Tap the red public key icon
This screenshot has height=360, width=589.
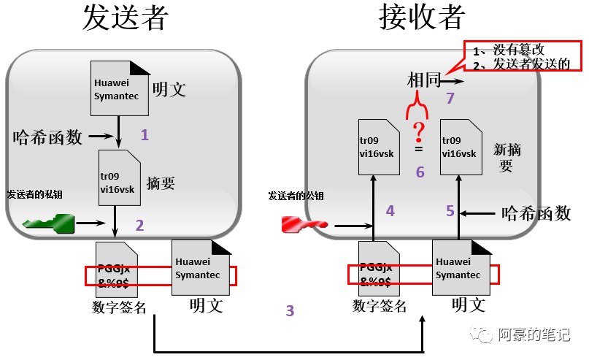click(304, 223)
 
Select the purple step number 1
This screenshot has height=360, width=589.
click(145, 134)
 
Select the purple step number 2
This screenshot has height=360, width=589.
click(140, 225)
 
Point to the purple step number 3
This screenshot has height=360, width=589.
click(290, 311)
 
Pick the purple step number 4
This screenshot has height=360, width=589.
click(390, 211)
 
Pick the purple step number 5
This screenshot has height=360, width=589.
click(450, 211)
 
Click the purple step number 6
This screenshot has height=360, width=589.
click(420, 172)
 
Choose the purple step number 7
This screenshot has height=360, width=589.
click(450, 98)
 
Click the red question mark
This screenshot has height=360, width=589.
click(418, 132)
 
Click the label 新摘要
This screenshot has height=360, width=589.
click(506, 157)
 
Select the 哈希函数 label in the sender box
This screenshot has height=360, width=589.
click(48, 136)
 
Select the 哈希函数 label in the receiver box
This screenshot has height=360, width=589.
click(536, 213)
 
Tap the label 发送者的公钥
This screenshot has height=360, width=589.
click(296, 196)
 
